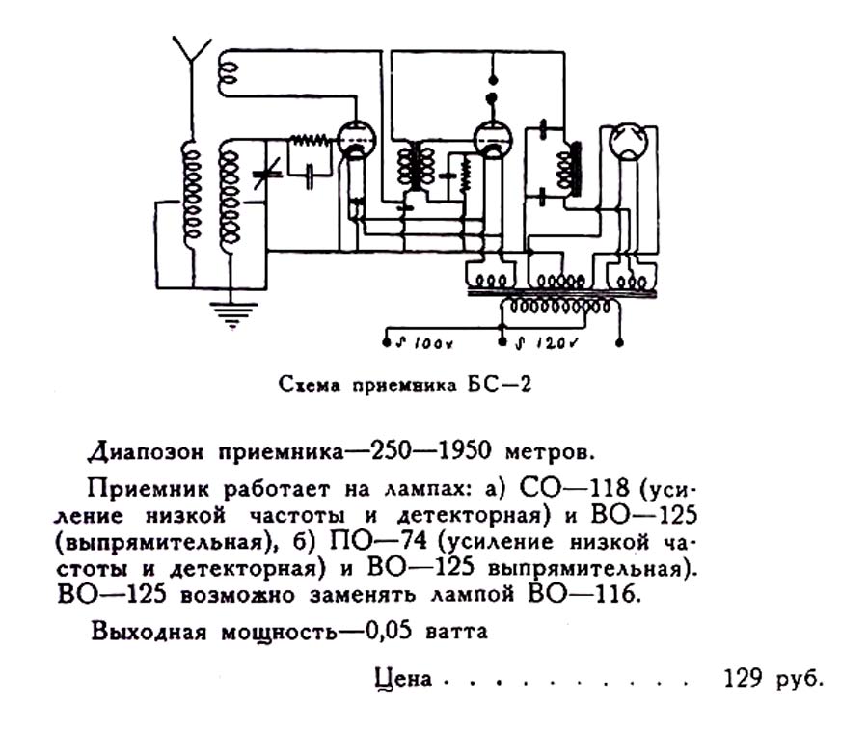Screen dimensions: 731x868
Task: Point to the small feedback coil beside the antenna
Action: (230, 68)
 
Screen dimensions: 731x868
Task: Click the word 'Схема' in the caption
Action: (306, 384)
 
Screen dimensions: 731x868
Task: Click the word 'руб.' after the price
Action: (800, 677)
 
